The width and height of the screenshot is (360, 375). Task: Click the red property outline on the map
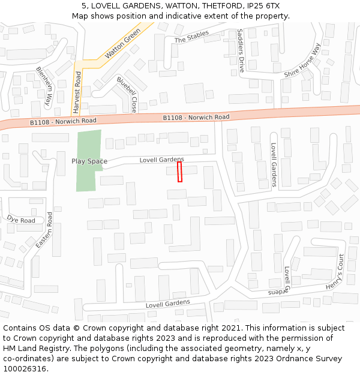179,172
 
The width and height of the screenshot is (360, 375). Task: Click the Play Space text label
89,161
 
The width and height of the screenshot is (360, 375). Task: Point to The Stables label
191,37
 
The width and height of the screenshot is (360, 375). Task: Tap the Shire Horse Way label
303,60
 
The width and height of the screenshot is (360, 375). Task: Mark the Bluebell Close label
128,95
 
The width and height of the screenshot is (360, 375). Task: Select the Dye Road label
21,220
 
